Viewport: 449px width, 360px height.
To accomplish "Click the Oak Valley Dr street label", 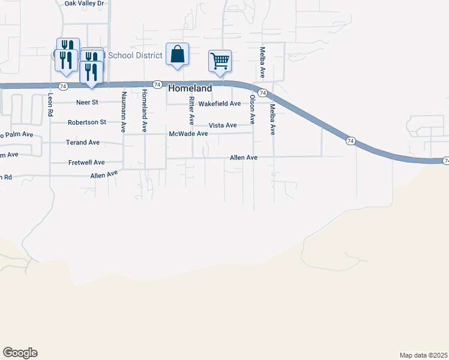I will coord(84,4).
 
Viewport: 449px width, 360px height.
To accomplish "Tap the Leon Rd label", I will coord(51,103).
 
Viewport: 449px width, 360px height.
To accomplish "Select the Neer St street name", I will coord(87,103).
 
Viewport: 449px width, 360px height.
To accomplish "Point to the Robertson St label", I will coord(87,122).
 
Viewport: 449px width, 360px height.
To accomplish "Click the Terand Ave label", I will coord(83,143).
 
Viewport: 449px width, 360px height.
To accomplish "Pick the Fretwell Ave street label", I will coord(86,163).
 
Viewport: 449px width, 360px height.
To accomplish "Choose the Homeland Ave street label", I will coord(144,111).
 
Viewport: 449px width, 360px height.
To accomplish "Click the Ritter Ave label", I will coord(191,110).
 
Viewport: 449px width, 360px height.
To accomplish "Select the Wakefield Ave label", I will coord(220,104).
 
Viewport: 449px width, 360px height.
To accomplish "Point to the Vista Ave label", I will coord(223,125).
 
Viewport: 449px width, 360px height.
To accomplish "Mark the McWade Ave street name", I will coord(188,134).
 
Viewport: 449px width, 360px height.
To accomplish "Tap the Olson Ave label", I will coord(253,109).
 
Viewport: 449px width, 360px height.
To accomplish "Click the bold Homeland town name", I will coord(190,88).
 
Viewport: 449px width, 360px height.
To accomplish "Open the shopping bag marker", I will coord(178,54).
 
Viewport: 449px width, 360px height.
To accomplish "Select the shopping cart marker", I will coord(220,61).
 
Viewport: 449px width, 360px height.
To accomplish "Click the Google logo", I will coord(20,353).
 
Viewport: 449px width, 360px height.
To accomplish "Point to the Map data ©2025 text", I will coord(423,355).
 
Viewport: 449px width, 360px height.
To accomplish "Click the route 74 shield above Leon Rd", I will coord(55,88).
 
